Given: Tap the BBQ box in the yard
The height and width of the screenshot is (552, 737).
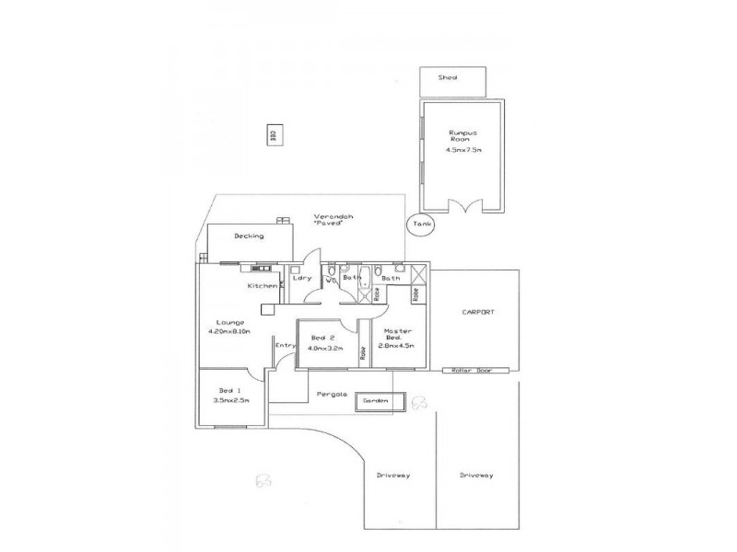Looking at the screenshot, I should click(273, 134).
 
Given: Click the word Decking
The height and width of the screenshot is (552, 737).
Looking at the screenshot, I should click(249, 236).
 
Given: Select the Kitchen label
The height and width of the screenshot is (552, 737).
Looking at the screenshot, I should click(262, 286).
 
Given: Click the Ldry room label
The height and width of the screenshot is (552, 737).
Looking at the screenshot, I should click(300, 278).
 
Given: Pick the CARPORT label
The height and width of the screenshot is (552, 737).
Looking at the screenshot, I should click(478, 313).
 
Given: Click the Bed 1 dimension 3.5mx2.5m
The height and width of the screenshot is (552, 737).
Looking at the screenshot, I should click(228, 401).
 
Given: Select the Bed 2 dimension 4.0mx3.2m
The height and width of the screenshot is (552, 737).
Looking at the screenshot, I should click(326, 349).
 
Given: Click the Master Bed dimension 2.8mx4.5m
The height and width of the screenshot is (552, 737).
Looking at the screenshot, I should click(397, 346).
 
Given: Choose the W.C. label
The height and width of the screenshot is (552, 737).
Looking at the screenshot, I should click(328, 279).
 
